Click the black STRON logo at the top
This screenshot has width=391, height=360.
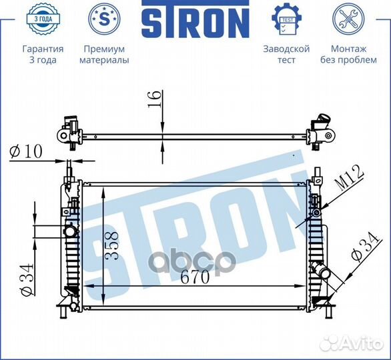pyautogui.click(x=195, y=22)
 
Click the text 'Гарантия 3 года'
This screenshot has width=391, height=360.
pyautogui.click(x=43, y=55)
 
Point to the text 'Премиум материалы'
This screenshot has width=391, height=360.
pyautogui.click(x=104, y=55)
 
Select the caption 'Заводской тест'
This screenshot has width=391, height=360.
pyautogui.click(x=286, y=55)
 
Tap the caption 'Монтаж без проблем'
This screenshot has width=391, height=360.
pyautogui.click(x=348, y=55)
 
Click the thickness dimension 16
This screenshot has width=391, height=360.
pyautogui.click(x=153, y=101)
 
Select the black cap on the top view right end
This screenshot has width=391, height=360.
pyautogui.click(x=324, y=122)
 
